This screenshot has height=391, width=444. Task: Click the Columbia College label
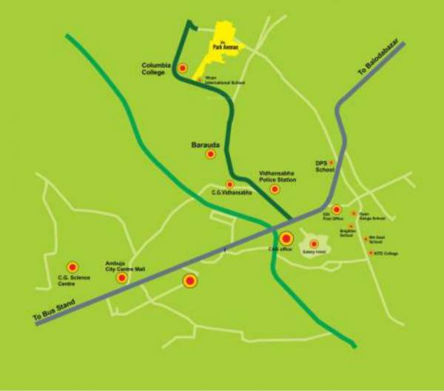[x=156, y=69]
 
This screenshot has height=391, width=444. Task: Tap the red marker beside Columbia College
[x=183, y=68]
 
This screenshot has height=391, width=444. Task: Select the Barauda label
[x=205, y=139]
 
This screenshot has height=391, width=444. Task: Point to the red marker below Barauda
[x=210, y=154]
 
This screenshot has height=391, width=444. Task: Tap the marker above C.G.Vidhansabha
[x=229, y=184]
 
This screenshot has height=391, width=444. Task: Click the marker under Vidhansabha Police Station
[x=275, y=190]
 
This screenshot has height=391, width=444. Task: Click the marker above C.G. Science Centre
[x=73, y=267]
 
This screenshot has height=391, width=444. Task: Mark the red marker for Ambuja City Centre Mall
[x=121, y=278]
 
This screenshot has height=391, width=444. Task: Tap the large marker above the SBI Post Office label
[x=336, y=210]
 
